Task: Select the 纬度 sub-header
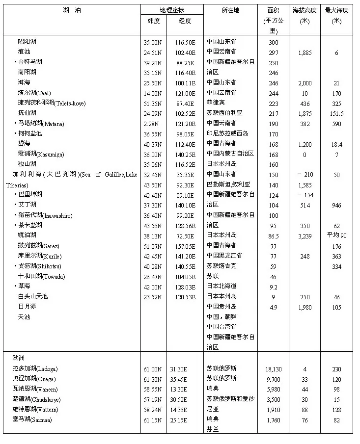pyautogui.click(x=153, y=21)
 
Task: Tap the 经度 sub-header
pyautogui.click(x=185, y=21)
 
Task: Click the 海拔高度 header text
pyautogui.click(x=305, y=10)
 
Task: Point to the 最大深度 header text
pyautogui.click(x=336, y=10)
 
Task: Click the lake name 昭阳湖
pyautogui.click(x=27, y=42)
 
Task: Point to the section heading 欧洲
pyautogui.click(x=18, y=358)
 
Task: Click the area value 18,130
pyautogui.click(x=274, y=368)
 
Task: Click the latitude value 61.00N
pyautogui.click(x=153, y=368)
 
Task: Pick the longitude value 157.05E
pyautogui.click(x=185, y=246)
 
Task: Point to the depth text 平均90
pyautogui.click(x=336, y=235)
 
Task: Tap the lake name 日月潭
pyautogui.click(x=27, y=307)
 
